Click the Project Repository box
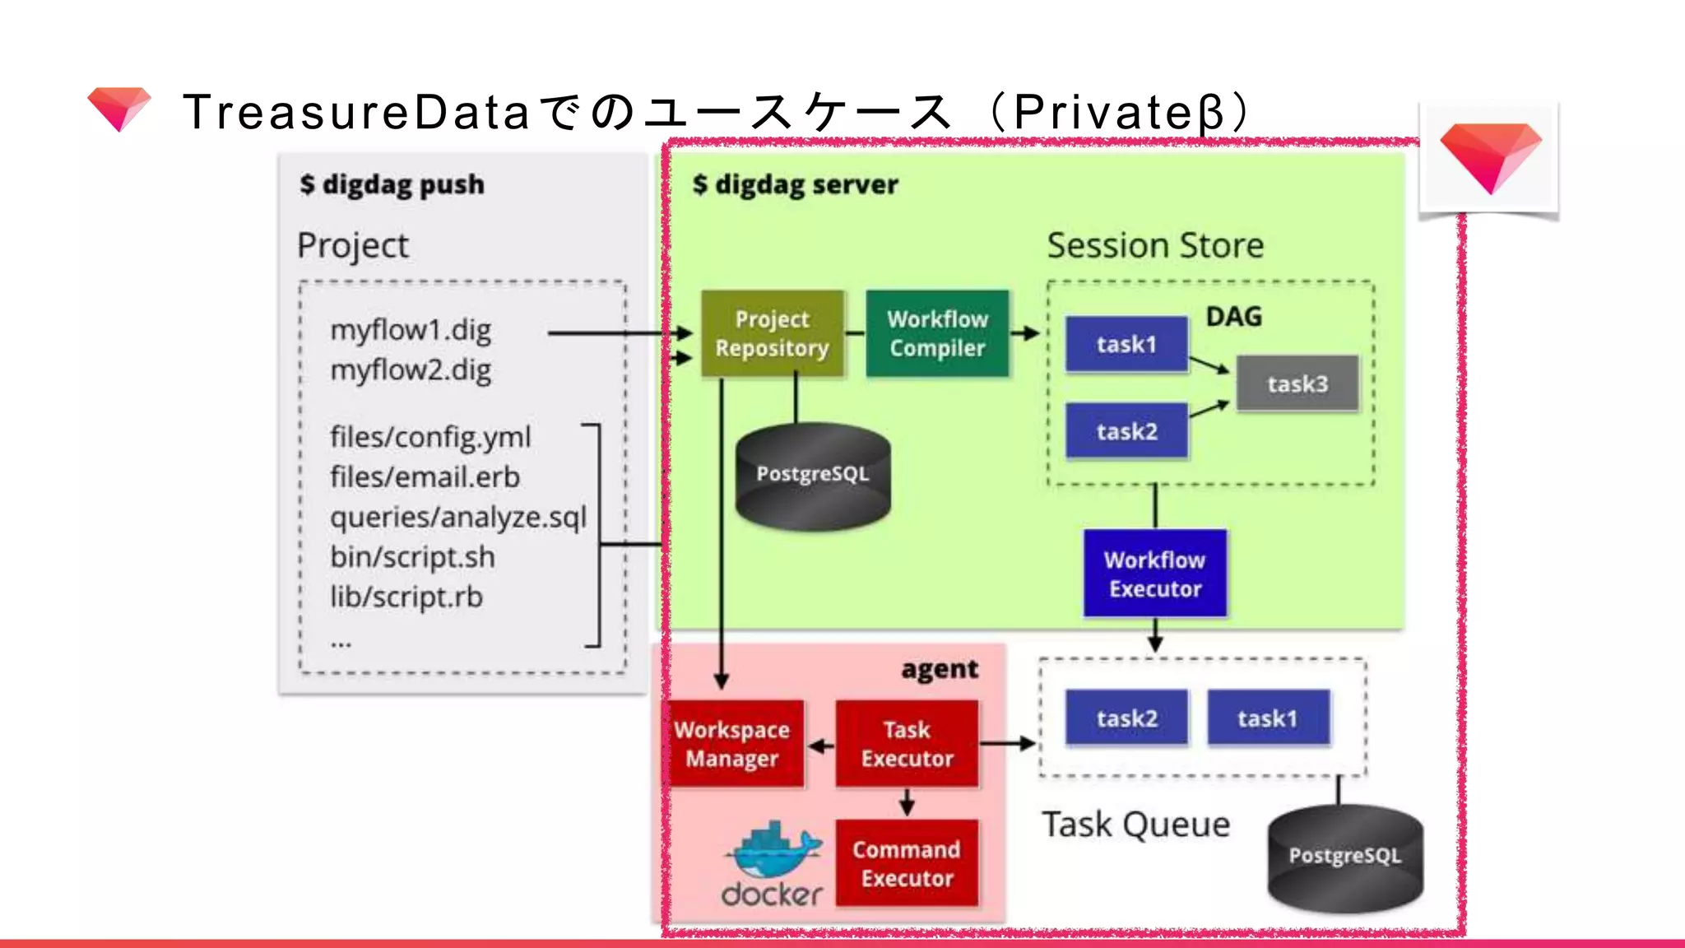[772, 333]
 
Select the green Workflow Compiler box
[937, 333]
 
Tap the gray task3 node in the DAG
[1297, 383]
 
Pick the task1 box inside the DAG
[1126, 344]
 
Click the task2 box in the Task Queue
[1126, 718]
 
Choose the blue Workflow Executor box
[1154, 574]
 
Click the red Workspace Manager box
[732, 744]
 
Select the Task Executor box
[907, 744]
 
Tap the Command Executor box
[907, 863]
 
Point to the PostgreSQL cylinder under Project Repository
[812, 476]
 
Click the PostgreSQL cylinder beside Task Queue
[1344, 857]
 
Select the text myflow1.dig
[411, 330]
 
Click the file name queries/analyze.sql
[458, 517]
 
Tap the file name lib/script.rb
[406, 597]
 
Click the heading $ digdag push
[392, 184]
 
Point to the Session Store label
[1154, 245]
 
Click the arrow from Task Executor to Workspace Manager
[820, 746]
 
